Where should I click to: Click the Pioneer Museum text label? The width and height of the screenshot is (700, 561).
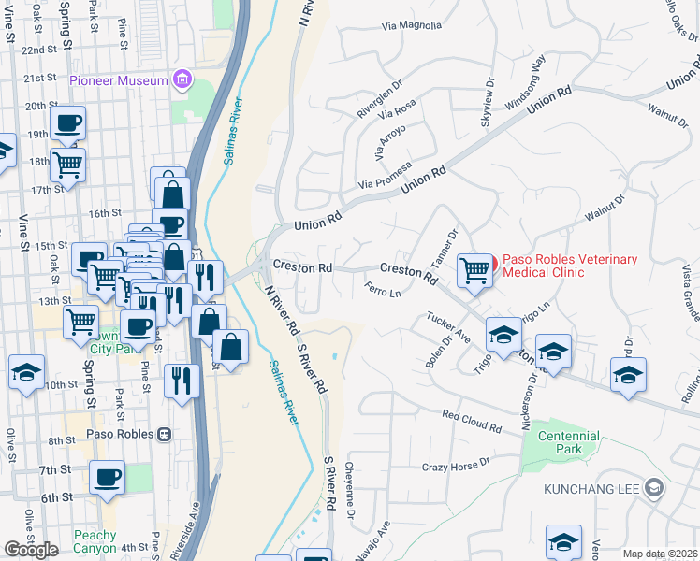119,80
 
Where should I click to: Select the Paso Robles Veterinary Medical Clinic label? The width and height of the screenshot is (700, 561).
570,266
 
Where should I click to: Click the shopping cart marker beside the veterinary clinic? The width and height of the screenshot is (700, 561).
474,271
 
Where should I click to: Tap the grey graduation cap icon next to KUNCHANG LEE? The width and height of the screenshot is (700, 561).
654,488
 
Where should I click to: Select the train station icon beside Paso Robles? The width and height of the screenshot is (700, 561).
165,434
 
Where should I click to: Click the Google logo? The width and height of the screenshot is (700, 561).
31,550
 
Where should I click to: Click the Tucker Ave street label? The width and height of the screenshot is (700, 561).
449,326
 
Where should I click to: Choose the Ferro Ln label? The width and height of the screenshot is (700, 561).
383,290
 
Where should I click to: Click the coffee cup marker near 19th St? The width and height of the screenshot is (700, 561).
67,123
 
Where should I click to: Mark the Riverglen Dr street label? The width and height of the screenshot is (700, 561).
379,104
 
